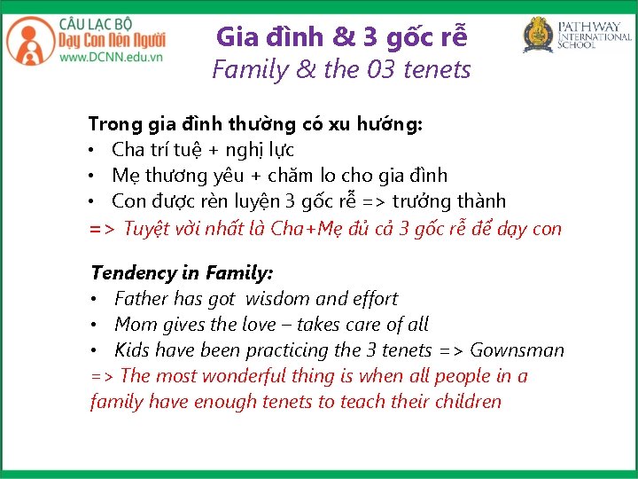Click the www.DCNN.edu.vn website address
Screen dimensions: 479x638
[111, 58]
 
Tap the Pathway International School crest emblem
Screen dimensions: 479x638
[537, 35]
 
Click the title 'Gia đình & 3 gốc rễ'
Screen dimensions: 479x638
[341, 37]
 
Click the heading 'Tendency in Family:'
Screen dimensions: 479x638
[182, 273]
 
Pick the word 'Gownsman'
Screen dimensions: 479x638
[517, 350]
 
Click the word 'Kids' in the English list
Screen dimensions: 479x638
[133, 350]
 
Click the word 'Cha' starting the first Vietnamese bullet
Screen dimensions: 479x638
[127, 150]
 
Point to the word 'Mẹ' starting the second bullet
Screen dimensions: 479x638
[125, 176]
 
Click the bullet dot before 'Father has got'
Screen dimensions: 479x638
[96, 300]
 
